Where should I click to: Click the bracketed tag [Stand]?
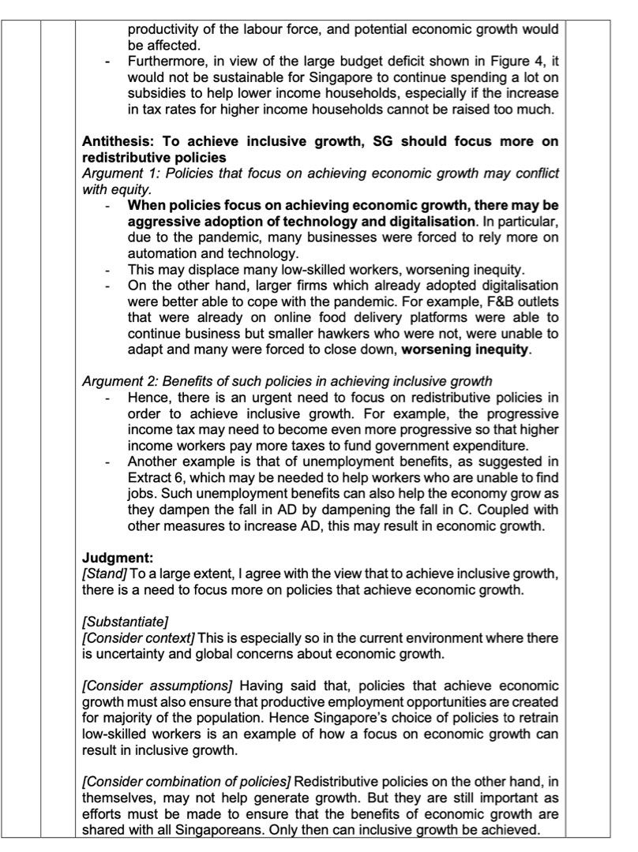pos(101,580)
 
